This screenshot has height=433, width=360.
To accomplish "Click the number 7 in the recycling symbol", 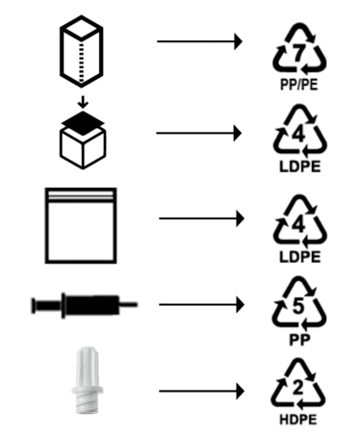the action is click(x=298, y=53).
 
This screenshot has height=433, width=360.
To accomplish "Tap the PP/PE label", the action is click(x=299, y=85).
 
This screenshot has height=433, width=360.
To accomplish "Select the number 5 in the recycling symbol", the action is click(x=298, y=306).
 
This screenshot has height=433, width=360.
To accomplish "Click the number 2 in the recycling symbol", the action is click(x=298, y=388).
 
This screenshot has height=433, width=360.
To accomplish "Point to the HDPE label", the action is click(x=298, y=420).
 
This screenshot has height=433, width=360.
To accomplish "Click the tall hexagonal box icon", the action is click(x=81, y=51).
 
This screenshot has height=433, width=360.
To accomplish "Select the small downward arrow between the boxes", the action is click(x=83, y=102).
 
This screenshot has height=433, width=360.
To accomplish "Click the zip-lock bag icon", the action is click(x=81, y=225).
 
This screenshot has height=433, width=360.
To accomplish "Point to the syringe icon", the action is click(x=85, y=305).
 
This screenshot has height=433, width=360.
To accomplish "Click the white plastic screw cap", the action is click(x=87, y=380).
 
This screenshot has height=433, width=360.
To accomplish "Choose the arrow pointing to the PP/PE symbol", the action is click(x=199, y=41).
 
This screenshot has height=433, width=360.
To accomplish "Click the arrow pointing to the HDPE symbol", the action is click(x=202, y=391).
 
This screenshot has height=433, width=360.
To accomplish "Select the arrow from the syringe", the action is click(x=202, y=304).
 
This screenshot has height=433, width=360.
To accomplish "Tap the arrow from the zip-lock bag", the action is click(x=202, y=218).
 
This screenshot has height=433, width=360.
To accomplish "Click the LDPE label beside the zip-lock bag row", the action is click(x=299, y=257).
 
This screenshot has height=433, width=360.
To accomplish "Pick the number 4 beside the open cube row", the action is click(x=298, y=135).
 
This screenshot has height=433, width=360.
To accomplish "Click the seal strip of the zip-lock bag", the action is click(x=81, y=195).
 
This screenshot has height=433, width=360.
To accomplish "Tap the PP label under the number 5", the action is click(x=299, y=340).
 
